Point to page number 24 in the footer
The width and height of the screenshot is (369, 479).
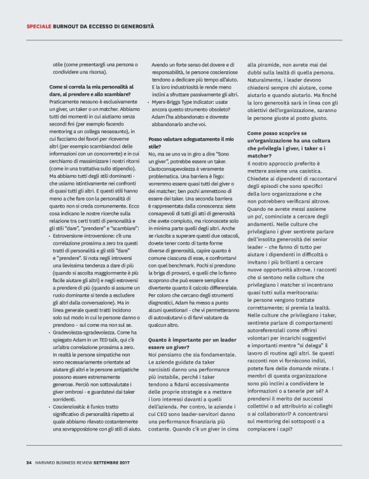pyautogui.click(x=29, y=462)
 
